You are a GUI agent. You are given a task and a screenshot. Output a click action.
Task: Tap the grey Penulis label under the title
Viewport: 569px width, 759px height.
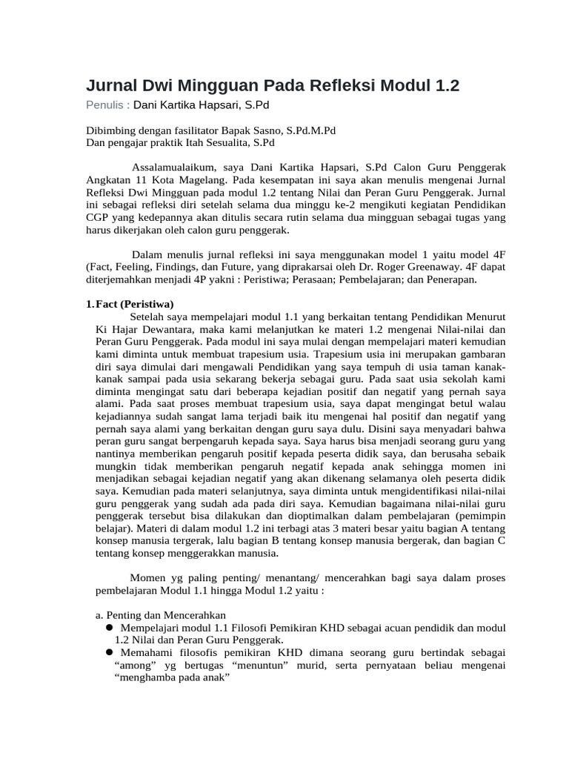point(106,105)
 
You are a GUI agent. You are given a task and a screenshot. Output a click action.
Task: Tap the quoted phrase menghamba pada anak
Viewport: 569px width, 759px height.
point(174,677)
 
